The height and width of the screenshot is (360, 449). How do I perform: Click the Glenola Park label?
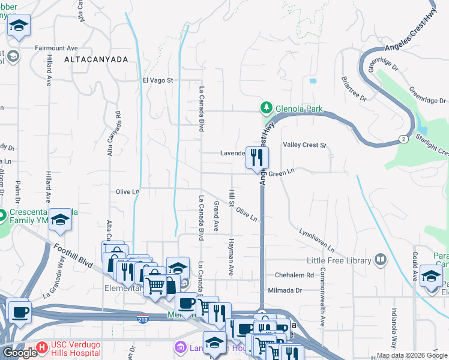pos(299,109)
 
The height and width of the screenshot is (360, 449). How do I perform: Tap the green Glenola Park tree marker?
pos(266,109)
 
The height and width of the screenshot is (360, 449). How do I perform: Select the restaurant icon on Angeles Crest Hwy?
pos(257,158)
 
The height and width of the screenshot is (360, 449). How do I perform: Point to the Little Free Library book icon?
pos(380,260)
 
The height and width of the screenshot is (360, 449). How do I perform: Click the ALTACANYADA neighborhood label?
pos(96,60)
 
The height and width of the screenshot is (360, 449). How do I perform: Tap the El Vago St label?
pos(157,80)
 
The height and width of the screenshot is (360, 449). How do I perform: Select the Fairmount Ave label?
pos(57,48)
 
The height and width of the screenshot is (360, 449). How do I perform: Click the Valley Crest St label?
pos(304,145)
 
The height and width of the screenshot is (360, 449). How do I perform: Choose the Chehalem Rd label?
pos(294,275)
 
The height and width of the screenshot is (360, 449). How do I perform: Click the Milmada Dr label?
pos(285,290)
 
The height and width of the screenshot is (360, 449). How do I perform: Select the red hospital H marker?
pos(41,347)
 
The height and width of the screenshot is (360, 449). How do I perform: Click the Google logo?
pos(20,352)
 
